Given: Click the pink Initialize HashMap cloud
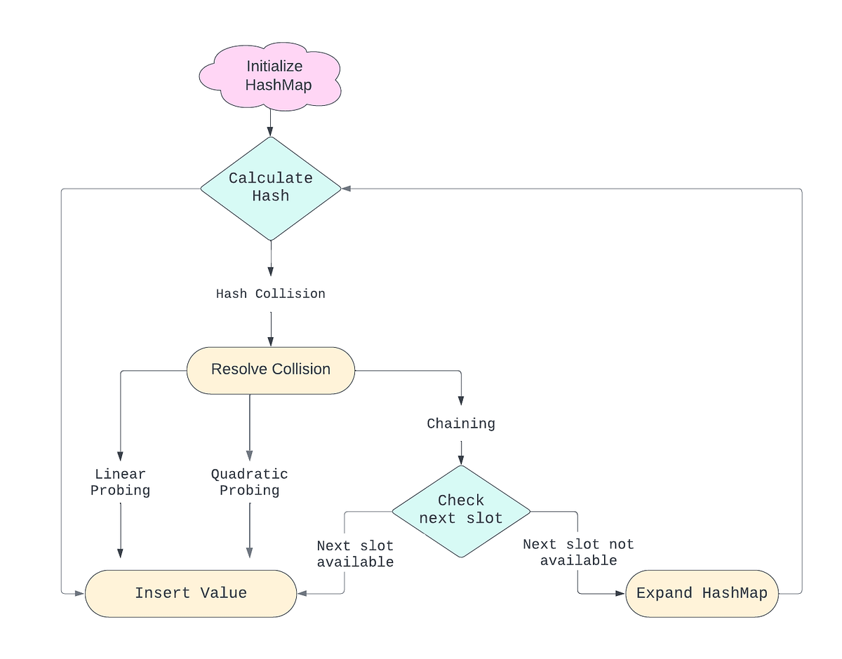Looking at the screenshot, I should click(271, 76).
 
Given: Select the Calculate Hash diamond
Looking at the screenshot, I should click(271, 187).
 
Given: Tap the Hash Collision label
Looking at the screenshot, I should click(271, 294).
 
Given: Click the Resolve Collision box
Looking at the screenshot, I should click(271, 369).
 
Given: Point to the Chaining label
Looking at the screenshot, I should click(461, 423).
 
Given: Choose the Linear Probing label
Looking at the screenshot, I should click(120, 482).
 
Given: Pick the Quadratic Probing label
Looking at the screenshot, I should click(249, 482).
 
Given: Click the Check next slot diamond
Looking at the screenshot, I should click(461, 510).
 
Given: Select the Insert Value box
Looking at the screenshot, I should click(191, 593).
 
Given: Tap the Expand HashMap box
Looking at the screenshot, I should click(702, 593).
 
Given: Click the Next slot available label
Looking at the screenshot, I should click(355, 554).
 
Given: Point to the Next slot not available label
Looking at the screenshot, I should click(578, 552).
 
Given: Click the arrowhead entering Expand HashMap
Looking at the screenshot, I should click(620, 593).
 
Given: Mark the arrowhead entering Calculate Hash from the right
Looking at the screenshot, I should click(347, 188).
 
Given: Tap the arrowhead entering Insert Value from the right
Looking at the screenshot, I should click(302, 593).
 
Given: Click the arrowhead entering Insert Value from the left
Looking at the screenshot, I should click(80, 593).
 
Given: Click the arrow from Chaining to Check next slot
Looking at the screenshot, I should click(461, 451).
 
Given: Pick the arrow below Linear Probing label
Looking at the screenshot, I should click(120, 529).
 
